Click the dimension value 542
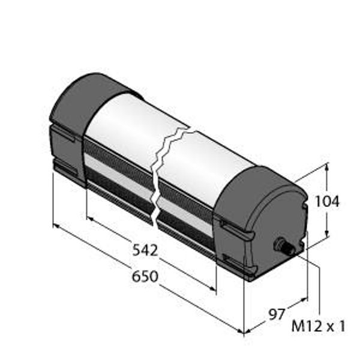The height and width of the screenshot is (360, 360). [x=145, y=250]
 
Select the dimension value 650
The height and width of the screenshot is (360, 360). [x=145, y=276]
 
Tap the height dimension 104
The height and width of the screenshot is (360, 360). [x=327, y=202]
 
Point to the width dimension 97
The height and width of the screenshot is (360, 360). [x=277, y=314]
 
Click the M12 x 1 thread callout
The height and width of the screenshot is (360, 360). [x=318, y=326]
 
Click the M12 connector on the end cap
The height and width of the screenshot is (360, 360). [x=284, y=245]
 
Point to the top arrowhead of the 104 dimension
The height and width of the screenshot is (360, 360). [x=328, y=166]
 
